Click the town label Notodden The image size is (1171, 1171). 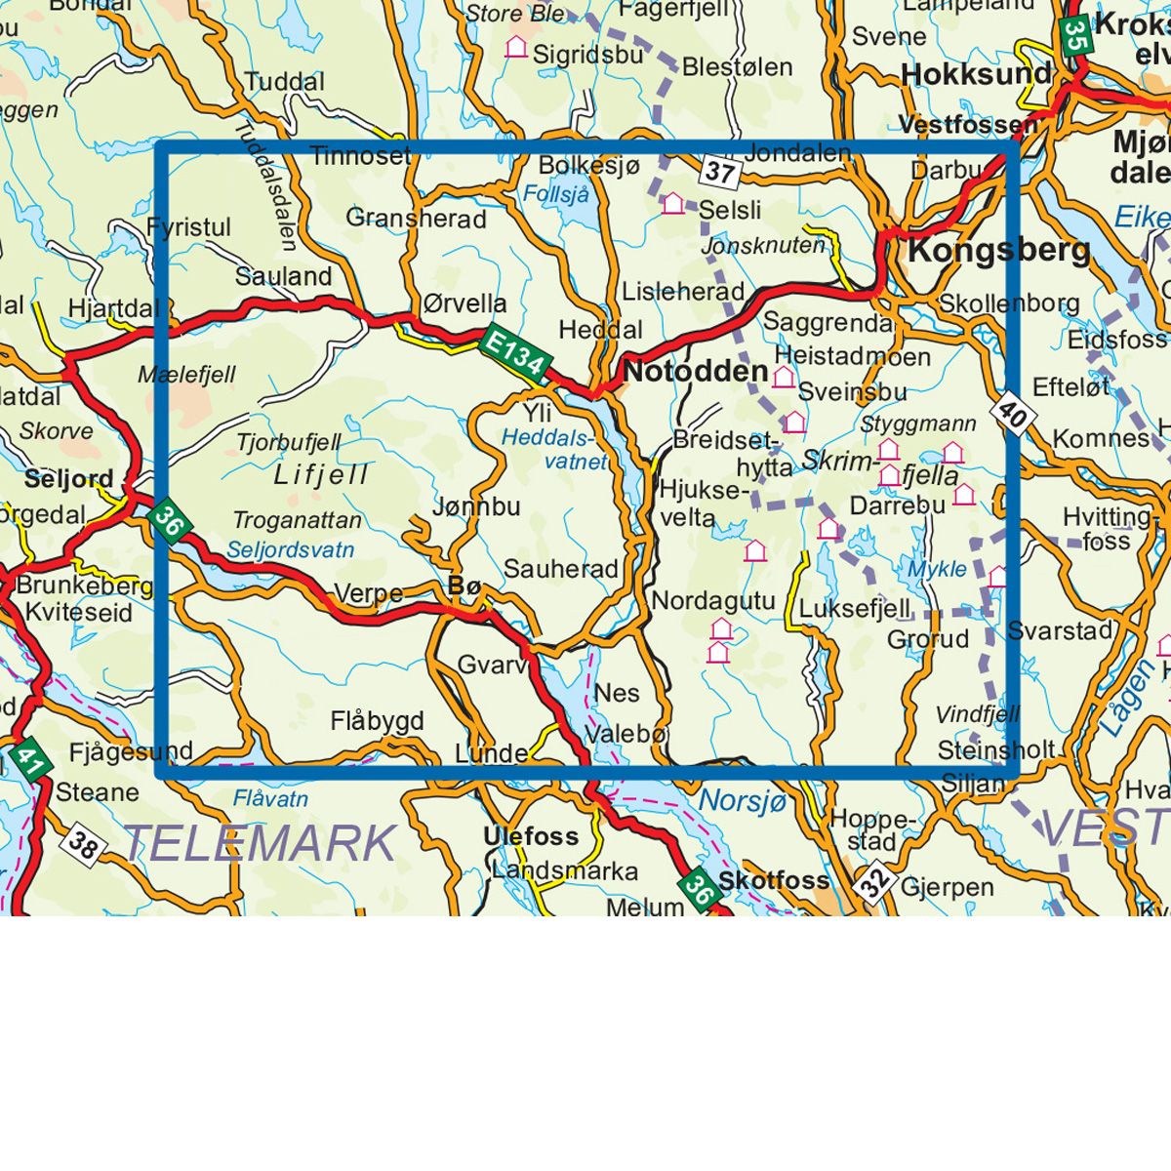(x=696, y=371)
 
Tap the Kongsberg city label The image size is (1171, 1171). (x=999, y=250)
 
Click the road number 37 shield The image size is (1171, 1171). (x=720, y=173)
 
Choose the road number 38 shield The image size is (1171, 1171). (x=84, y=845)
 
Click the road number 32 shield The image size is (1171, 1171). (x=875, y=882)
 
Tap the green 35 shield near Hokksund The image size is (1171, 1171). (x=1075, y=35)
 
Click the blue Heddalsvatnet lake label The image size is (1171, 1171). (x=553, y=450)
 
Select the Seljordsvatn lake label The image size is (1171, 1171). (x=290, y=550)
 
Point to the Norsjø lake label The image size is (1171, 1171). (x=742, y=800)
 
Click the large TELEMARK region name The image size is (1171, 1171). (x=261, y=841)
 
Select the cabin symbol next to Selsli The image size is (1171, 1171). (x=672, y=203)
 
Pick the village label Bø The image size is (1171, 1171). (x=464, y=586)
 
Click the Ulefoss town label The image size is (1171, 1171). (x=531, y=836)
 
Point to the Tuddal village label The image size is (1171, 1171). (x=284, y=81)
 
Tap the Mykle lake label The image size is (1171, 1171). (x=937, y=569)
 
